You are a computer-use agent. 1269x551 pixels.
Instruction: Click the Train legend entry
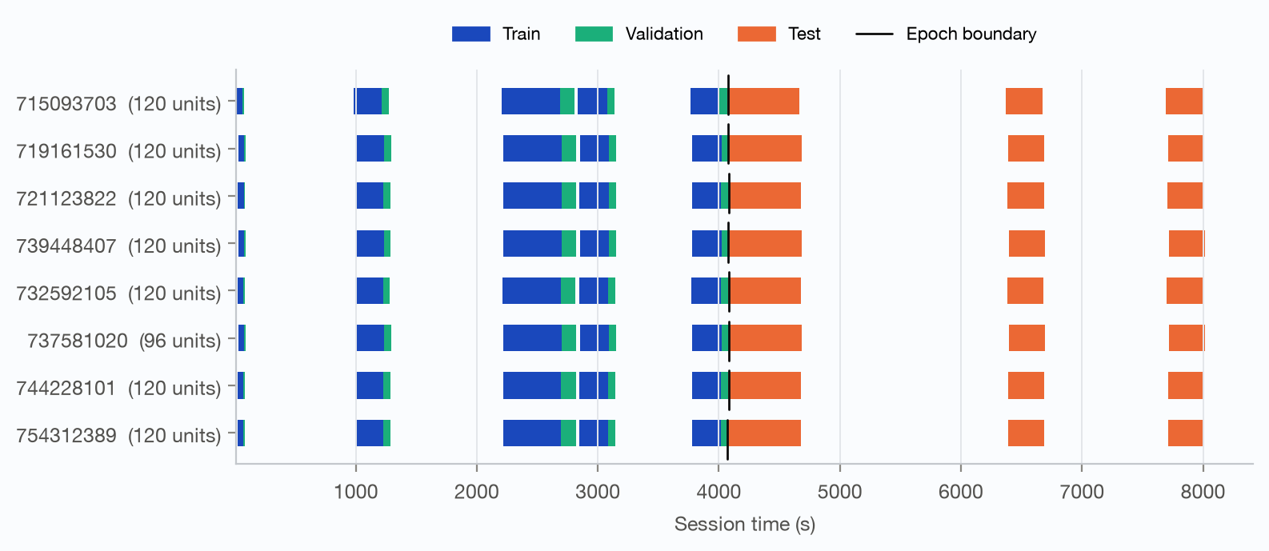click(496, 34)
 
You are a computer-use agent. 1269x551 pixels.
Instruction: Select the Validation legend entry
click(639, 34)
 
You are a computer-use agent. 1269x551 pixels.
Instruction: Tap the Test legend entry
click(779, 34)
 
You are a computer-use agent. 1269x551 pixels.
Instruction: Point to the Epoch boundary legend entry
click(946, 34)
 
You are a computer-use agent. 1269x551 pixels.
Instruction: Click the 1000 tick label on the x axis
click(356, 492)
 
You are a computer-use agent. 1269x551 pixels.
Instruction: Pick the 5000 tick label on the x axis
click(839, 492)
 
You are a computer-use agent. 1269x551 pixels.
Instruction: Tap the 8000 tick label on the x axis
click(1203, 492)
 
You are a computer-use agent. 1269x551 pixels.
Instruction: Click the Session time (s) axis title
click(744, 525)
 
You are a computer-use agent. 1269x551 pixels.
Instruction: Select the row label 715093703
click(66, 104)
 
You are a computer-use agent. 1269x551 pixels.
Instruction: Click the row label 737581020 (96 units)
click(124, 341)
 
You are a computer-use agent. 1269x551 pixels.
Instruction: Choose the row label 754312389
click(66, 436)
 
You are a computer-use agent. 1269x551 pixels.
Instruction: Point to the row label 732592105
click(66, 293)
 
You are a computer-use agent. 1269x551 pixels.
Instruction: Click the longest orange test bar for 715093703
click(764, 102)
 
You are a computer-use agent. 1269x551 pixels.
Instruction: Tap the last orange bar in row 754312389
click(1185, 433)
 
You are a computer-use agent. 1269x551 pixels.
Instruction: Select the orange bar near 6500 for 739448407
click(1027, 243)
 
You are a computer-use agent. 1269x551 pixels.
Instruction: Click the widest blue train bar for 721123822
click(533, 196)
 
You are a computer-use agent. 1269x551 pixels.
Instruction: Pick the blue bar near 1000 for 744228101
click(370, 385)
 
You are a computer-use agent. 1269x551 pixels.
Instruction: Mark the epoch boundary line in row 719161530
click(729, 144)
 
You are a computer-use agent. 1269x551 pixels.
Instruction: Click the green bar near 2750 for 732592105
click(568, 291)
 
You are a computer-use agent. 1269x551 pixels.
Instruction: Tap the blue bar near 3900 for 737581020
click(706, 338)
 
